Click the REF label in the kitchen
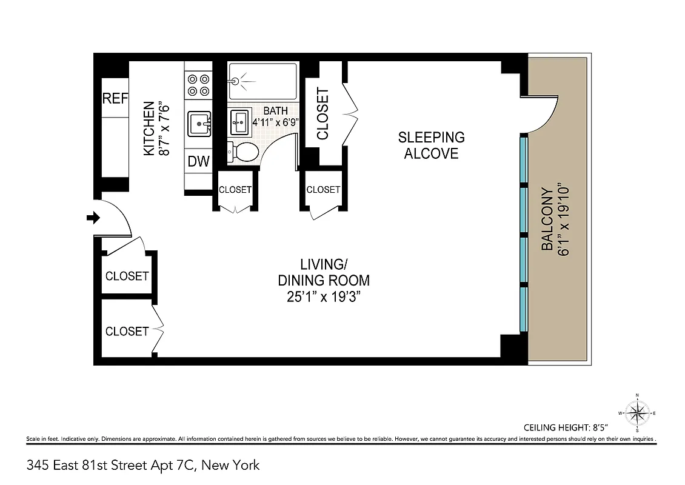pos(115,98)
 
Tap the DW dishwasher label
pos(198,161)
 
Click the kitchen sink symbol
pos(199,124)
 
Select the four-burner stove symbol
pos(198,84)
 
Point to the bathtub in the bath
pos(262,81)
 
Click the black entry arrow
pos(93,218)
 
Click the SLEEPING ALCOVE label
pos(431,145)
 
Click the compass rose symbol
pos(637,413)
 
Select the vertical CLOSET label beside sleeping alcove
pos(322,114)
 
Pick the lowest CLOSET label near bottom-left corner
pos(127,331)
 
